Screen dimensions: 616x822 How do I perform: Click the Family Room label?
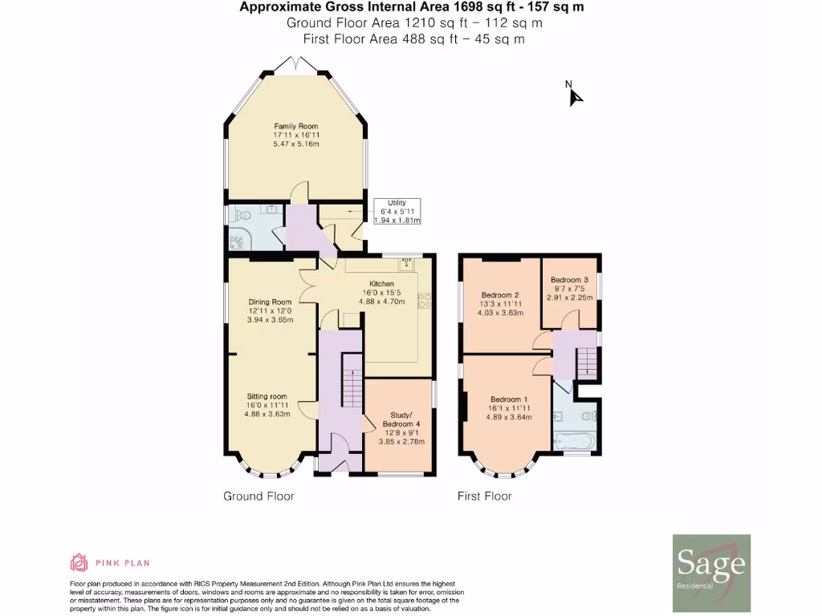[295, 126]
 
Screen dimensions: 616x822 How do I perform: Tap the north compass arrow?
[575, 95]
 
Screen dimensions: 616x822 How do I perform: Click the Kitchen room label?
[381, 284]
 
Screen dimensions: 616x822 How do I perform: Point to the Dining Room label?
[270, 302]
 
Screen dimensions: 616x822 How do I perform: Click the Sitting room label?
[267, 396]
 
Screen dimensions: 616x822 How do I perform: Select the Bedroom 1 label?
[510, 399]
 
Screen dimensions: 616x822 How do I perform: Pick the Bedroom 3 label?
[569, 280]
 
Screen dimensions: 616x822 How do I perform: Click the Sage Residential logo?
[710, 567]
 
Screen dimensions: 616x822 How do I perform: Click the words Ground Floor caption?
[258, 496]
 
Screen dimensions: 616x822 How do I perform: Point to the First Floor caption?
[484, 496]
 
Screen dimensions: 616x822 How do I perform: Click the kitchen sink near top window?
[406, 262]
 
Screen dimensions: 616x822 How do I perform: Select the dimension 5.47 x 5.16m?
[295, 144]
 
